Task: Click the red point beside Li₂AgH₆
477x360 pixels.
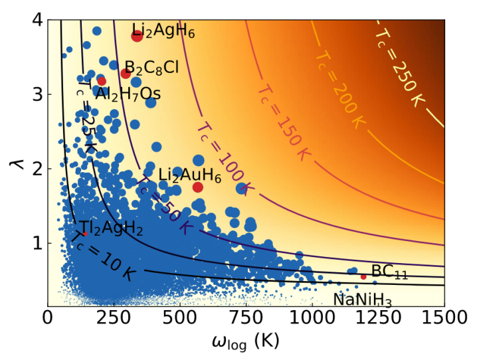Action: [137, 36]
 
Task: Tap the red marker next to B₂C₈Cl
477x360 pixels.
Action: [126, 73]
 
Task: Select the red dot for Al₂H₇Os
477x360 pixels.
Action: [101, 81]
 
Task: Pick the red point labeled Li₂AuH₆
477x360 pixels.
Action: [197, 187]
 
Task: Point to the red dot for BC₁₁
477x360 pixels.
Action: [363, 276]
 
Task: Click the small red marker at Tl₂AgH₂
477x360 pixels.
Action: [84, 234]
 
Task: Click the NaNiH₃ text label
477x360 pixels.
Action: [362, 300]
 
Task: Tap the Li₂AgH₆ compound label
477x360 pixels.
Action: [163, 31]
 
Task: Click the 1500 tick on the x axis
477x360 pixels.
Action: [444, 319]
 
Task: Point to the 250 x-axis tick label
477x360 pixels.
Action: [113, 319]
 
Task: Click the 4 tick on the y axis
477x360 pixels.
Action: [37, 20]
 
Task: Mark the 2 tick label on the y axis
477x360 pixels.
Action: [37, 169]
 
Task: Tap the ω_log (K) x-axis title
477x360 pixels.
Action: [245, 341]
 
